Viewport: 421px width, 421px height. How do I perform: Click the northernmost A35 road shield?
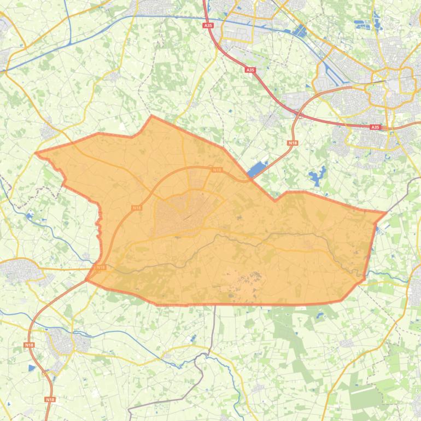208,25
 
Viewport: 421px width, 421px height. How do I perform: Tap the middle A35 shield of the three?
250,70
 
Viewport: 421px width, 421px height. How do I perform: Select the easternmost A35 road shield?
375,127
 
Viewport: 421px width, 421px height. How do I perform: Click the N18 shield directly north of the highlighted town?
217,170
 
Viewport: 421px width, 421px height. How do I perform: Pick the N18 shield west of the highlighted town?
136,208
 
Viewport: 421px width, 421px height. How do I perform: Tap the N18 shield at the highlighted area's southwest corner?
100,267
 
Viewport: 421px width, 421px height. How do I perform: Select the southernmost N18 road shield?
50,400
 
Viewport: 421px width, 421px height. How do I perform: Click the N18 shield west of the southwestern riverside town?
29,345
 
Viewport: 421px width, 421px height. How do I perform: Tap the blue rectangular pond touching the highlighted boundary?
256,170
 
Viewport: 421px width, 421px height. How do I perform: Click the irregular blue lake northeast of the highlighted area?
314,177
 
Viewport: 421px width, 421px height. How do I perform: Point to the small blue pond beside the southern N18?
32,368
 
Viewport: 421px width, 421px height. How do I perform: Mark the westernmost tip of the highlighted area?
36,137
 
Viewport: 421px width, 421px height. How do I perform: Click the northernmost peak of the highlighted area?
151,101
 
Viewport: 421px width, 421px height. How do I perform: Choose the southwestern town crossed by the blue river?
68,342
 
